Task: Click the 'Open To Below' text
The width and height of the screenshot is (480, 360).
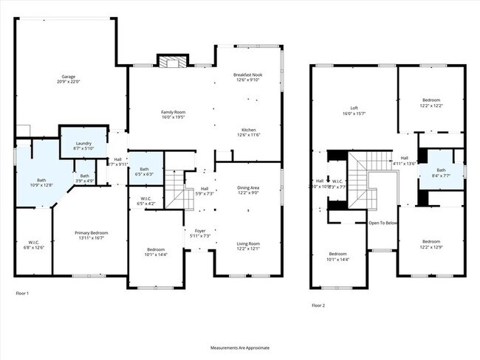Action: (383, 222)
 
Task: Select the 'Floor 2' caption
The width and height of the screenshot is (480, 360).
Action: (318, 305)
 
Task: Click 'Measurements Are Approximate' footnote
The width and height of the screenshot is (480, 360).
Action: (240, 347)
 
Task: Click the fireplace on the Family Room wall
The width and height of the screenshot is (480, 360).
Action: (171, 60)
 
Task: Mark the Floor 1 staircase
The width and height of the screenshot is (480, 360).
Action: (174, 188)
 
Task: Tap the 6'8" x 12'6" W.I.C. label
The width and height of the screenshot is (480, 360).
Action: (34, 244)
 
